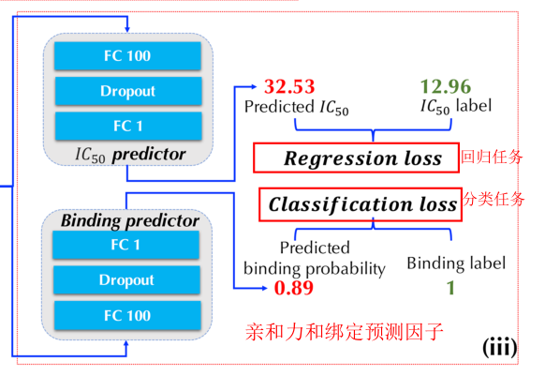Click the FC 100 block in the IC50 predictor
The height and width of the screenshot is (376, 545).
(x=125, y=56)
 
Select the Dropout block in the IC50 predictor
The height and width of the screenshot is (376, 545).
(x=125, y=91)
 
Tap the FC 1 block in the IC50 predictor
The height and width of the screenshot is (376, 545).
(x=125, y=125)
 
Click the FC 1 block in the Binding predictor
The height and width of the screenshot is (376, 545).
(x=125, y=246)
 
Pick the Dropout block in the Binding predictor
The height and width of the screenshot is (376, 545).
(x=125, y=280)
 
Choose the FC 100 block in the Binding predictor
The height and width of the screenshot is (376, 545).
(x=125, y=315)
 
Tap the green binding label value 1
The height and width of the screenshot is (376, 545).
(x=450, y=288)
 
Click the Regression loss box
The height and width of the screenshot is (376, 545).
(x=355, y=158)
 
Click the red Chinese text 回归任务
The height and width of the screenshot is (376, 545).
(x=489, y=156)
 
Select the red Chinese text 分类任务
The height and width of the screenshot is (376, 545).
(x=493, y=199)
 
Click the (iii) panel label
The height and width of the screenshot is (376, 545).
(x=499, y=347)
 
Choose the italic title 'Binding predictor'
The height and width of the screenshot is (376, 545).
(x=129, y=221)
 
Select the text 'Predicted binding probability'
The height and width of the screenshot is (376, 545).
(x=314, y=259)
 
